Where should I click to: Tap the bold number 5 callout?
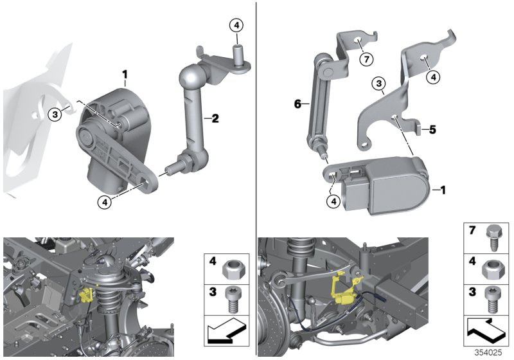433,129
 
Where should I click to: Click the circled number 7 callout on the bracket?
366,60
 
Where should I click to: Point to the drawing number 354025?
490,352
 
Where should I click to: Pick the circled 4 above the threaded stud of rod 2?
236,26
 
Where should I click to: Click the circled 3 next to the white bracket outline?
56,114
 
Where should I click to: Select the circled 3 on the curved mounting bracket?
379,84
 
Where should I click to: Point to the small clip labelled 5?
419,129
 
